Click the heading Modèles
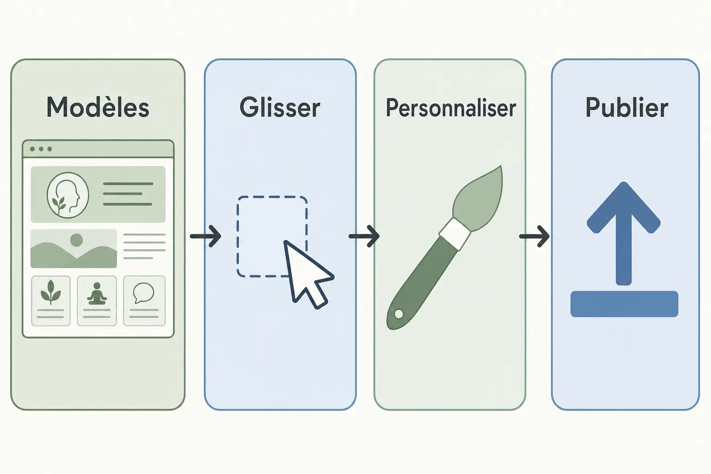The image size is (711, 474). pyautogui.click(x=98, y=107)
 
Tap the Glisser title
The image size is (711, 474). pyautogui.click(x=280, y=107)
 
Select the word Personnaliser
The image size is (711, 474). pyautogui.click(x=451, y=108)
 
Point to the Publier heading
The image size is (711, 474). pyautogui.click(x=627, y=107)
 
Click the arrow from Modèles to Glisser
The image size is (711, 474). pyautogui.click(x=206, y=236)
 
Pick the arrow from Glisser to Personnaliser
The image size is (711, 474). pyautogui.click(x=364, y=236)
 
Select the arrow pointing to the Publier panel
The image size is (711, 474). pyautogui.click(x=534, y=236)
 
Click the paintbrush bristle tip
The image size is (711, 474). pyautogui.click(x=500, y=166)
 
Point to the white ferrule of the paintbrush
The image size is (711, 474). pyautogui.click(x=455, y=234)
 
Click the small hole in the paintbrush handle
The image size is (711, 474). pyautogui.click(x=399, y=314)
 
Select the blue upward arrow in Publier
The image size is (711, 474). pyautogui.click(x=624, y=233)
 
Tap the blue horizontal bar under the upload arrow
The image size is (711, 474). pyautogui.click(x=624, y=304)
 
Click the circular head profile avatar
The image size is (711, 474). pyautogui.click(x=68, y=195)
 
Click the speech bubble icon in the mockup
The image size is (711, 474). pyautogui.click(x=144, y=293)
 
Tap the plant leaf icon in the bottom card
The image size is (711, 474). pyautogui.click(x=51, y=292)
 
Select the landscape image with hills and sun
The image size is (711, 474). pyautogui.click(x=74, y=248)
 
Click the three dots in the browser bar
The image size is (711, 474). pyautogui.click(x=41, y=149)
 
